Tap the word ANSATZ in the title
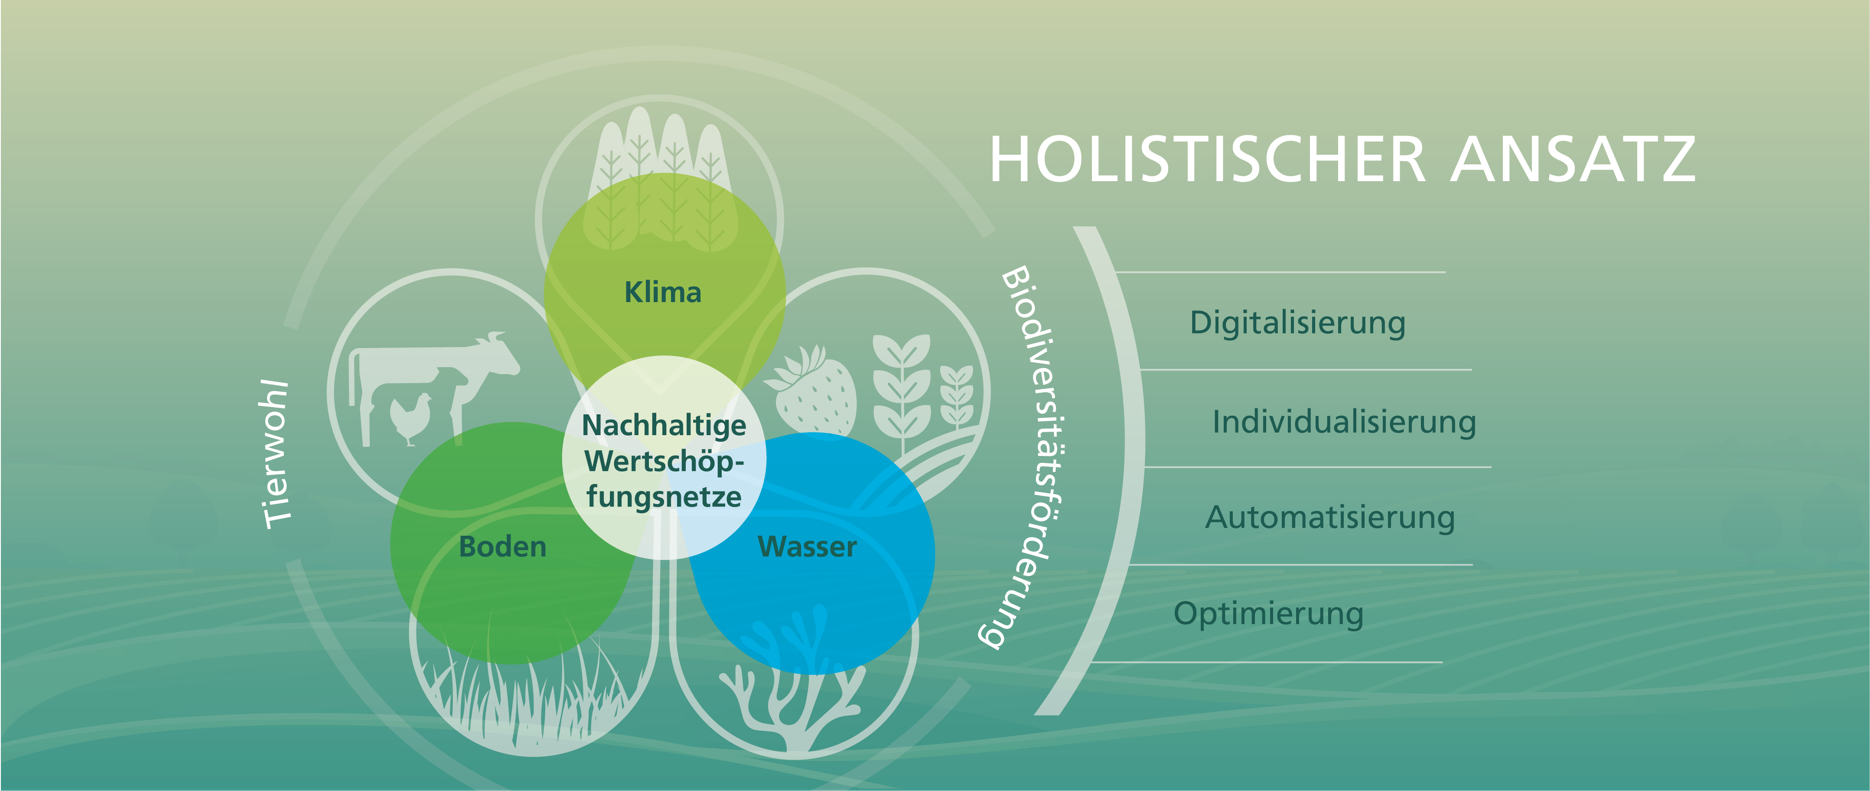(x=1573, y=159)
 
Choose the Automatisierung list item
(x=1330, y=518)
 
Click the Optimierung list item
(x=1269, y=614)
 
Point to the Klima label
(x=663, y=292)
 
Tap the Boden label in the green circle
(x=502, y=547)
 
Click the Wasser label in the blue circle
(x=807, y=547)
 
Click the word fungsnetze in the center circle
(x=664, y=497)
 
